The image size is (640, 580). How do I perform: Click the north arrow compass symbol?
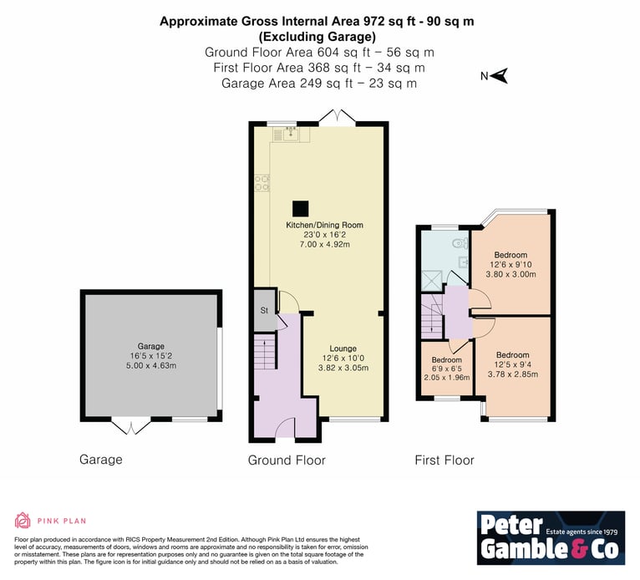click(x=500, y=75)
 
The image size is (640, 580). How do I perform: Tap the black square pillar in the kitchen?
click(x=301, y=209)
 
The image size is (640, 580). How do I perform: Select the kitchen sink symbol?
click(x=291, y=134)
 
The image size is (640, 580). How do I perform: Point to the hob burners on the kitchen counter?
click(x=262, y=183)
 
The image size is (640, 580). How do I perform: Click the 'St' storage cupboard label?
click(x=264, y=310)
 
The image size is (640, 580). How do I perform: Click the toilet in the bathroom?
click(x=461, y=244)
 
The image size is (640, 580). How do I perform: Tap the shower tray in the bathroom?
click(x=431, y=281)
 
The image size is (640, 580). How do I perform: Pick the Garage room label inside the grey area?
click(x=150, y=346)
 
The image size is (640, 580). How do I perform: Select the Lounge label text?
click(x=343, y=349)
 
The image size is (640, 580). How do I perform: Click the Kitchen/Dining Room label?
click(x=324, y=225)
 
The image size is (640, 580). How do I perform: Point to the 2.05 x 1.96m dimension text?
click(x=447, y=378)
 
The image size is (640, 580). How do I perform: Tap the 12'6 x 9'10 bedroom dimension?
click(x=510, y=264)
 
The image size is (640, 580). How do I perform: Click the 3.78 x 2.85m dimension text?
click(x=513, y=374)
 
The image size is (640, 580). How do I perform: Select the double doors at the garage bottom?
click(x=131, y=425)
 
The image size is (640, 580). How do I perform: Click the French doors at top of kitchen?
click(x=338, y=116)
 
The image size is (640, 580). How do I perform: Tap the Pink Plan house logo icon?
click(x=23, y=521)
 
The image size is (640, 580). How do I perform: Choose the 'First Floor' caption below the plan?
click(x=444, y=460)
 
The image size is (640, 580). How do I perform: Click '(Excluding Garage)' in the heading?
click(x=317, y=37)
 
